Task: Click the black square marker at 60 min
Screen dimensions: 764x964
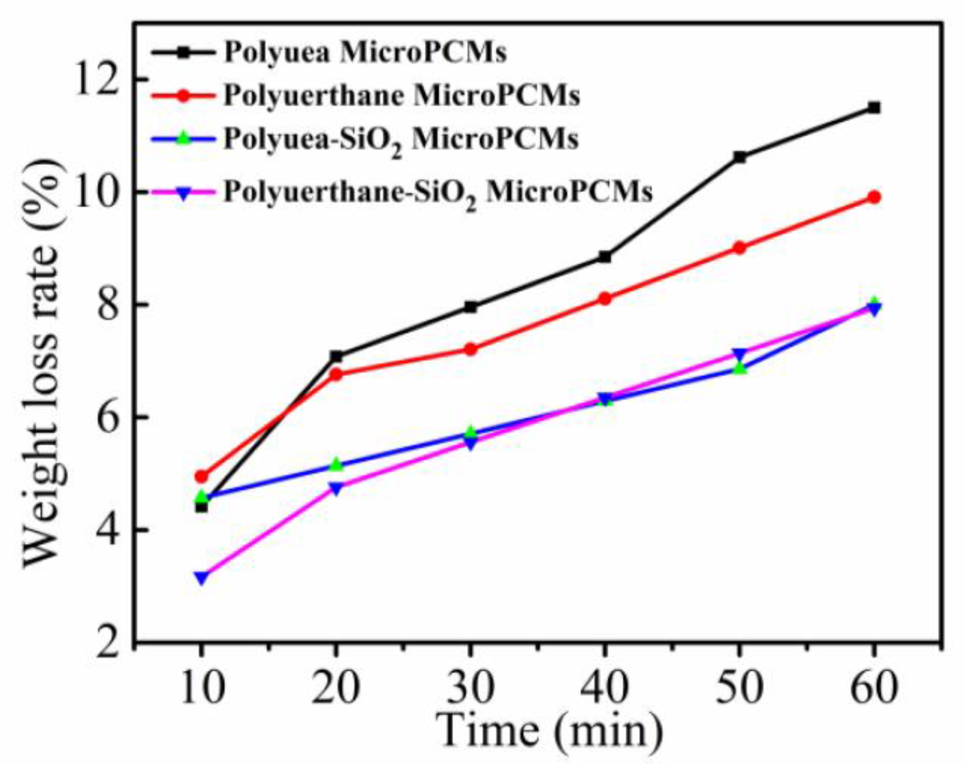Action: click(x=874, y=108)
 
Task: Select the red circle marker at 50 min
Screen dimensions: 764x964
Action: click(x=740, y=248)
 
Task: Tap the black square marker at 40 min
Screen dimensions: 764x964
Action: click(x=605, y=257)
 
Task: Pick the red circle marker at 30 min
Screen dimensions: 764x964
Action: click(x=471, y=349)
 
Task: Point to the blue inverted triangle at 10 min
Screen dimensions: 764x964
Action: click(x=202, y=577)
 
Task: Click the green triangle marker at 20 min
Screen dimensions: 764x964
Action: click(x=336, y=464)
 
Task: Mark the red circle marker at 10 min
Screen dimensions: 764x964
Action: click(x=202, y=476)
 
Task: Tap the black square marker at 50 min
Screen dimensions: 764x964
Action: click(x=740, y=157)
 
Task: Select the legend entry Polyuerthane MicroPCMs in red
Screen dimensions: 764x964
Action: click(x=401, y=95)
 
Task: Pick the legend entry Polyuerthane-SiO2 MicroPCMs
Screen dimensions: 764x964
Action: click(x=438, y=193)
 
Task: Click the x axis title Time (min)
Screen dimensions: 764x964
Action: click(x=551, y=731)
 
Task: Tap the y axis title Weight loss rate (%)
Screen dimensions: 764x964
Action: click(x=45, y=363)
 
